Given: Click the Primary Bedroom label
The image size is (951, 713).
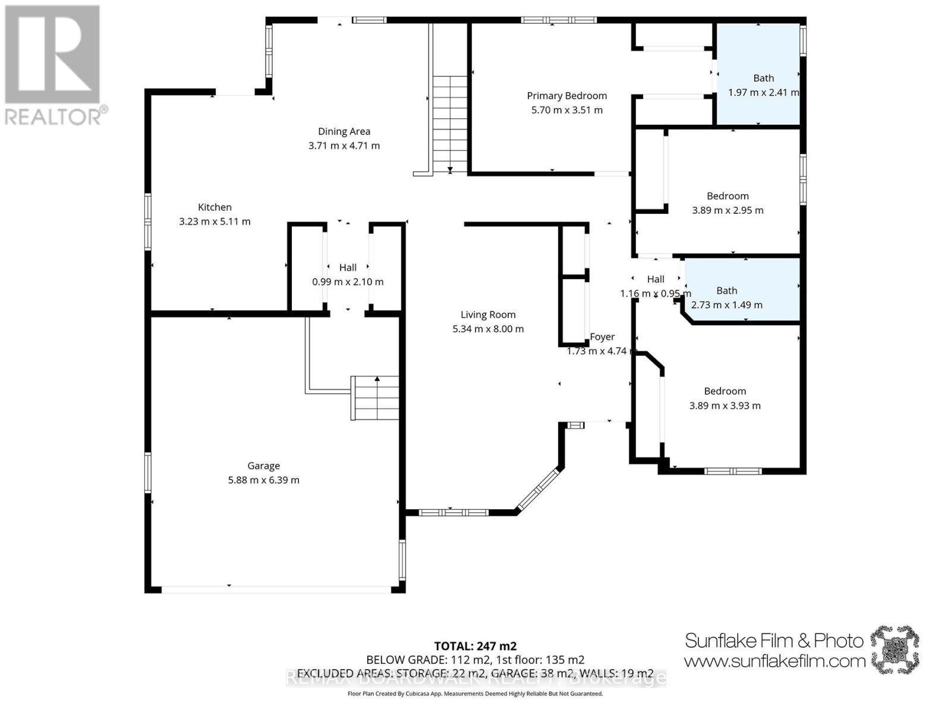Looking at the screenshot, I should click(x=566, y=96).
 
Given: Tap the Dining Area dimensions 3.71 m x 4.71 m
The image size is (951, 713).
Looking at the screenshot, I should click(x=344, y=146).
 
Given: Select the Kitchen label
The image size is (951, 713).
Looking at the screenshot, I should click(x=215, y=207).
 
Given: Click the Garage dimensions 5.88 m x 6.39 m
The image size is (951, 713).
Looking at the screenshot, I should click(x=263, y=480).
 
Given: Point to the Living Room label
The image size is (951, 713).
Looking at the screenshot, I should click(x=488, y=315).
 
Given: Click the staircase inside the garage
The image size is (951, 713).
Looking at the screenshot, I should click(x=374, y=397).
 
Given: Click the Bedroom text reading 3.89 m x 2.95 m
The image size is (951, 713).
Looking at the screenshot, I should click(x=728, y=210).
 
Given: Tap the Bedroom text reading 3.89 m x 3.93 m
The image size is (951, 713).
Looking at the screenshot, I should click(x=725, y=406).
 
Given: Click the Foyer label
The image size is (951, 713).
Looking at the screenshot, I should click(x=602, y=337).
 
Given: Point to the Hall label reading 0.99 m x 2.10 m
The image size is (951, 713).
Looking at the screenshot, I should click(x=348, y=267).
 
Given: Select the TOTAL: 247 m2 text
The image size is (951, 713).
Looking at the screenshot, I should click(x=475, y=646).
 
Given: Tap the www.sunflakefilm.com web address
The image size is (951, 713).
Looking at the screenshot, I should click(x=774, y=661).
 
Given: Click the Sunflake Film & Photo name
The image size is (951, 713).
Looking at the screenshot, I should click(x=774, y=641).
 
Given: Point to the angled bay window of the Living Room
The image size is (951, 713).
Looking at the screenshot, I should click(x=539, y=490).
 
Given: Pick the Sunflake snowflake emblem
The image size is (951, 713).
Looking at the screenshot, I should click(x=895, y=649).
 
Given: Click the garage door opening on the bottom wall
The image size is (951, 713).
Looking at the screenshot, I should click(x=276, y=589).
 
